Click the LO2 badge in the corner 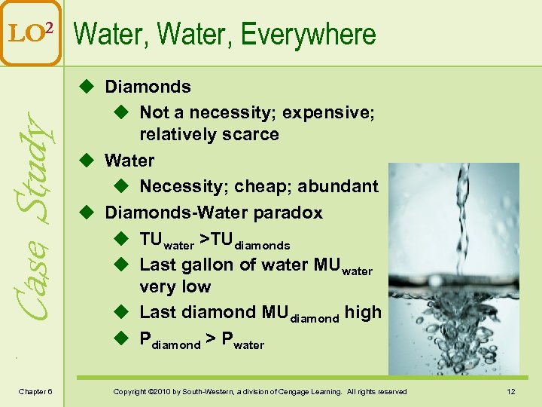pyautogui.click(x=30, y=31)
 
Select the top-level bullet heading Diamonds pyautogui.click(x=148, y=87)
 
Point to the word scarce pyautogui.click(x=254, y=134)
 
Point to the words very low pyautogui.click(x=175, y=286)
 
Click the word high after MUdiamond pyautogui.click(x=363, y=312)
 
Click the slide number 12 pyautogui.click(x=510, y=391)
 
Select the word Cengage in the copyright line pyautogui.click(x=303, y=391)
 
